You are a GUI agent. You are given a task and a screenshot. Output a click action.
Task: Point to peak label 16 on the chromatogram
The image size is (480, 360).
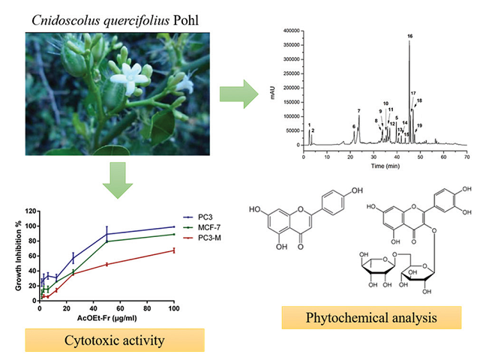[409, 35]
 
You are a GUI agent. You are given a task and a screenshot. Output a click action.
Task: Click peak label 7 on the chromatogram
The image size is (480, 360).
[359, 110]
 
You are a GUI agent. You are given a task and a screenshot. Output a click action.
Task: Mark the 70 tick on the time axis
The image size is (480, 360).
[466, 158]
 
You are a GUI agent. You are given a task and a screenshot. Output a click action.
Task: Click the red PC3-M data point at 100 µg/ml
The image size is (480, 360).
[173, 250]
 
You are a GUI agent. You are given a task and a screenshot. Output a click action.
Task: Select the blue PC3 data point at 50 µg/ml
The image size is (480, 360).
[106, 234]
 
